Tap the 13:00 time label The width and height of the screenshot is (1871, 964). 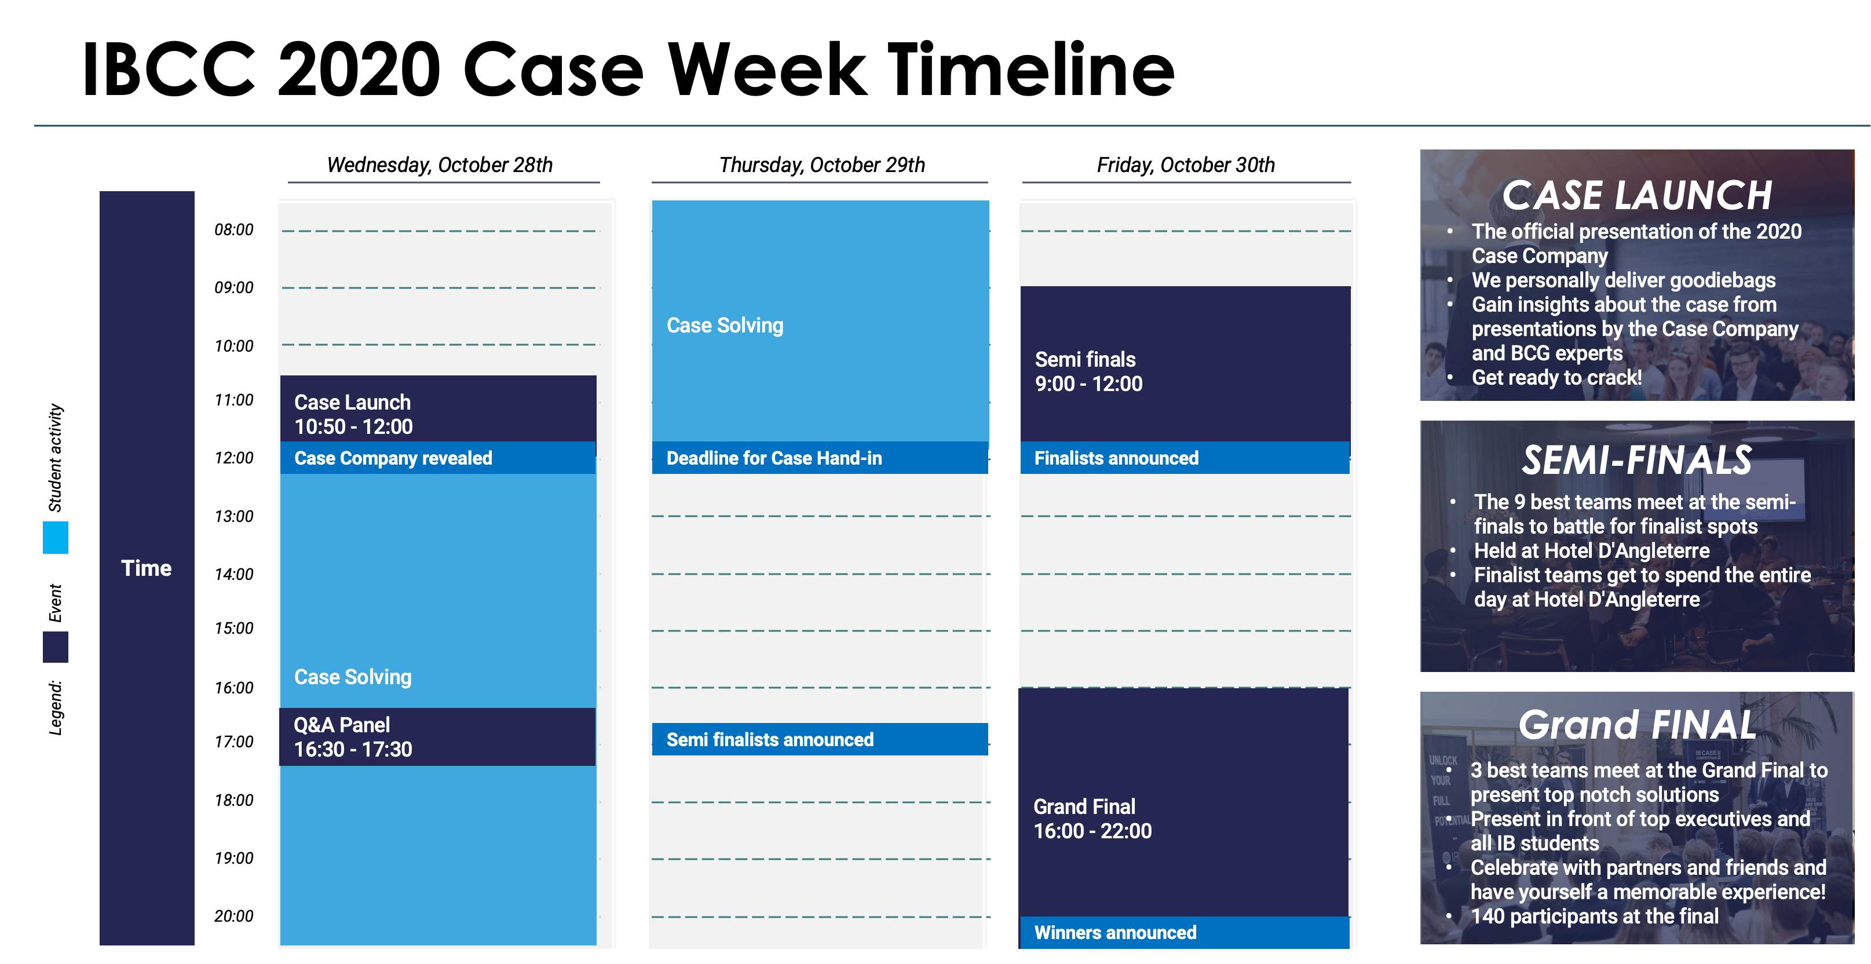point(234,517)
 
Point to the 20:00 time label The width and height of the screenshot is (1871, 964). point(234,916)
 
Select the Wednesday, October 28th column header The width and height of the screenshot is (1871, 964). point(440,165)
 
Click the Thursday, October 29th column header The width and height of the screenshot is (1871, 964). point(822,165)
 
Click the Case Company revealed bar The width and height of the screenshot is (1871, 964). point(438,458)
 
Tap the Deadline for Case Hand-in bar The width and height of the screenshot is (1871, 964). point(820,458)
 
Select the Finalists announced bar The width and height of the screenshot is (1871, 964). point(1185,458)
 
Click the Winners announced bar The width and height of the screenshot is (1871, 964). point(1185,932)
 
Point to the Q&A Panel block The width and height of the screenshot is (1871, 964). point(437,737)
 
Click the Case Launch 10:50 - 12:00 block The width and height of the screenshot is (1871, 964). point(438,409)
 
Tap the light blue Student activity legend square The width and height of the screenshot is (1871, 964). point(55,538)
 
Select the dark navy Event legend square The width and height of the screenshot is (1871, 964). point(55,647)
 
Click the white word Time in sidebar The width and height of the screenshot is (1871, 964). point(146,568)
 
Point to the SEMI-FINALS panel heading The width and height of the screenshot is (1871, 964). point(1637,460)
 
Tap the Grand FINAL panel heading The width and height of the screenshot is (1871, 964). point(1637,724)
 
